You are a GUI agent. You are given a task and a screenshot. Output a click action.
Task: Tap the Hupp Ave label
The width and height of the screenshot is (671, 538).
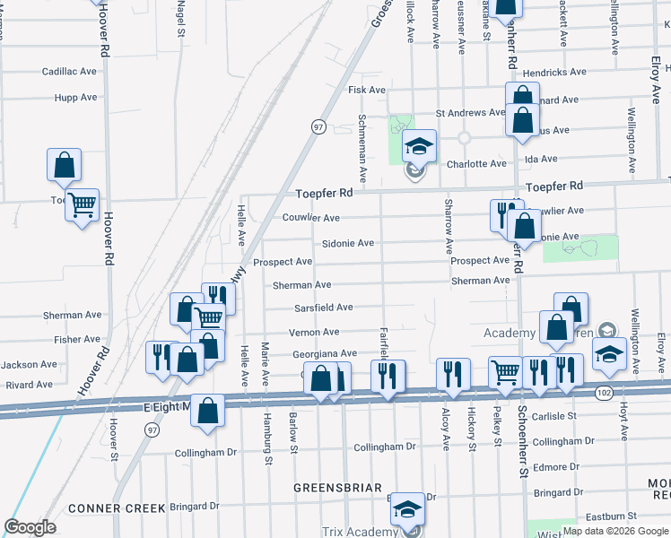(75, 97)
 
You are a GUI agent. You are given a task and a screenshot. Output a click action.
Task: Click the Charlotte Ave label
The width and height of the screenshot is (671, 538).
(476, 164)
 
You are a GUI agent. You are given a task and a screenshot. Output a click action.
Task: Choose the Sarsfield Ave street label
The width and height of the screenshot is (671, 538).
(324, 308)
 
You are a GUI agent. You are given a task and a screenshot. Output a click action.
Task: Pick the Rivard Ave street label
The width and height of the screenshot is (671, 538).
(29, 385)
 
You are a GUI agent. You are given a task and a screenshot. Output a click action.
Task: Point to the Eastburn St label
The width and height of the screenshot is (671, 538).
(608, 516)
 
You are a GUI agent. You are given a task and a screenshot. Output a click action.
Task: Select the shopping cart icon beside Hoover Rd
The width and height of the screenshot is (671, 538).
(82, 205)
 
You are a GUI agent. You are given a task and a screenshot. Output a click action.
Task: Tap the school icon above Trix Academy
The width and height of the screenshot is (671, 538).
(407, 508)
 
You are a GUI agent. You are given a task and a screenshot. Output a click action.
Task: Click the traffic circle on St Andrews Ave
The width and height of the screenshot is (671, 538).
(465, 138)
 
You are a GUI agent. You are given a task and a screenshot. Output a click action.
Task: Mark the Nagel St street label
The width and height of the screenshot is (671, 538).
(181, 19)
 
